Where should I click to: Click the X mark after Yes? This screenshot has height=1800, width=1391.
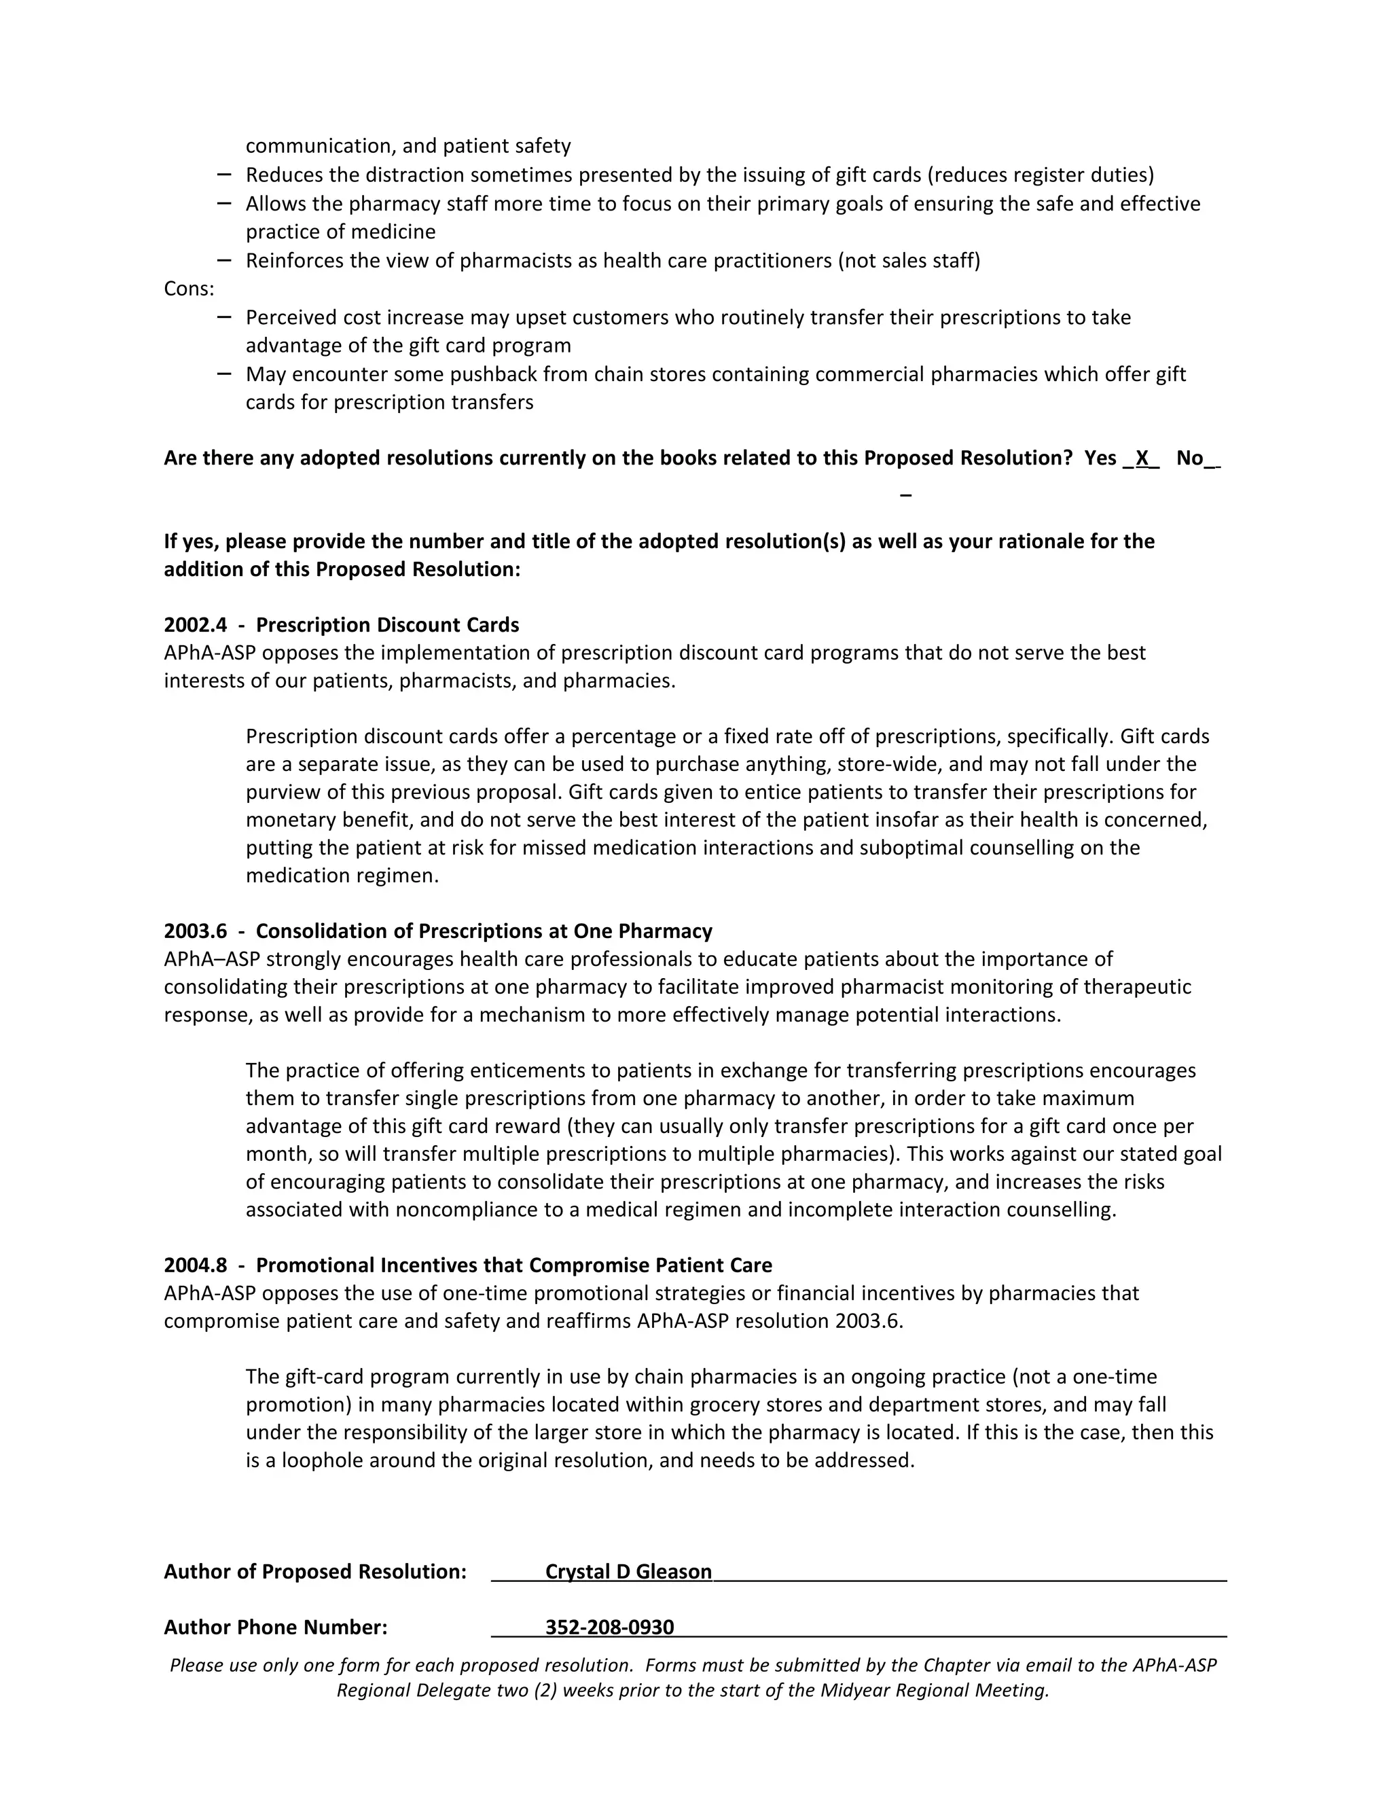point(1142,458)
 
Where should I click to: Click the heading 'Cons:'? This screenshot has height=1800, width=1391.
point(189,289)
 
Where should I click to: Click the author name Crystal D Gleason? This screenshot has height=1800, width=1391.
point(628,1572)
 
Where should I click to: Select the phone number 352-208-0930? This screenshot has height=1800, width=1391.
point(609,1627)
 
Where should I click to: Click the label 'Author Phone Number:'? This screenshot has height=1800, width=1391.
point(275,1627)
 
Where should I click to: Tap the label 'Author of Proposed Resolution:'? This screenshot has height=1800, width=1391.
point(314,1572)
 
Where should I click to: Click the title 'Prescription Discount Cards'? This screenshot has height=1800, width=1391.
point(387,625)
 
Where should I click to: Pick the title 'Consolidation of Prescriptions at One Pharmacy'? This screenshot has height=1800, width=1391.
point(484,931)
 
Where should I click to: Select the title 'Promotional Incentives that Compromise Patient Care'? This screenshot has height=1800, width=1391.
point(513,1265)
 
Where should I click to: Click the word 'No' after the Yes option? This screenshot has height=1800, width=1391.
point(1189,458)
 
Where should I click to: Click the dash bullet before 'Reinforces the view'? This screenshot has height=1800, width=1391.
point(224,260)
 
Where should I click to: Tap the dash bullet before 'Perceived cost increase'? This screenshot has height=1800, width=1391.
point(224,317)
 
